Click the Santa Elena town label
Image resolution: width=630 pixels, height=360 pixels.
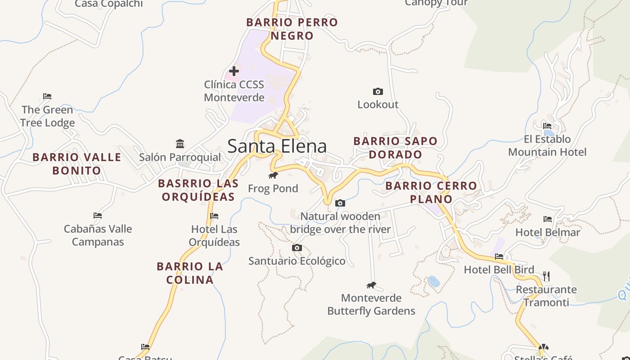pos(277,146)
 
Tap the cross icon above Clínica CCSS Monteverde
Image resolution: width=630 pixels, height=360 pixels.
pos(234,71)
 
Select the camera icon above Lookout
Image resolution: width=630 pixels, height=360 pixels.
pos(378,92)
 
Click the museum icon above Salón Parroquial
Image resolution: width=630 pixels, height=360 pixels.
pos(180,144)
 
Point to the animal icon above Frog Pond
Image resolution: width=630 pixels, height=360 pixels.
pos(273,175)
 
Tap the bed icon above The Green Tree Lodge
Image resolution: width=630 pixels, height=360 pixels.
pos(47,96)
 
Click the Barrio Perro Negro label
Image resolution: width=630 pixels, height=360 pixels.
pos(292,29)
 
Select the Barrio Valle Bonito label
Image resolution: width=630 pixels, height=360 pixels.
pos(76,164)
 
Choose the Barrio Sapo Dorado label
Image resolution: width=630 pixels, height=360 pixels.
pos(395,148)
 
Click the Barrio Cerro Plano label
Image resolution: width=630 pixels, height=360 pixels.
pos(431,192)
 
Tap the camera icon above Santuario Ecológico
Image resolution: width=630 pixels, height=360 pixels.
pos(297,248)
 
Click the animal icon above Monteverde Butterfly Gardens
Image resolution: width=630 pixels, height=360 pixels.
pos(371,285)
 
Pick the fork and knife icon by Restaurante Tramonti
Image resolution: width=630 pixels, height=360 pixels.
pos(546,276)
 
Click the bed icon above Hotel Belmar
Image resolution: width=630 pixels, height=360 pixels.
pos(548,219)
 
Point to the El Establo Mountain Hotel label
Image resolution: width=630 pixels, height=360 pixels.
pos(547,145)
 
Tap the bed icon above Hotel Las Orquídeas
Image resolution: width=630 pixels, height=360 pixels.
pos(214,216)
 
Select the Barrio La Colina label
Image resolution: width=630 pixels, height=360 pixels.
pos(190,273)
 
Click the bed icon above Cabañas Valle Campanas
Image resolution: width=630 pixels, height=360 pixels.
pos(98,216)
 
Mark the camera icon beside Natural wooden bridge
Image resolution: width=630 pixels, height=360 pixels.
pos(340,203)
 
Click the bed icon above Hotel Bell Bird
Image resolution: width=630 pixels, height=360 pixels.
pos(499,256)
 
